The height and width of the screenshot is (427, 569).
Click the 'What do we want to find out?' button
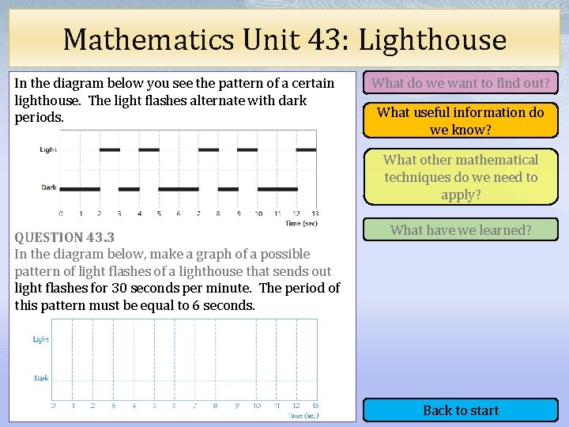(461, 82)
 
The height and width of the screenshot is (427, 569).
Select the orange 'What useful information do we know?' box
(461, 120)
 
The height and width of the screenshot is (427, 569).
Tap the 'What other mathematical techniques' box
(461, 177)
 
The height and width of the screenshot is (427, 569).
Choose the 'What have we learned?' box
(461, 230)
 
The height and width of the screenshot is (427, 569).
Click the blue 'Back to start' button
(461, 410)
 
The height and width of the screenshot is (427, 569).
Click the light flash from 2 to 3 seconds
(109, 149)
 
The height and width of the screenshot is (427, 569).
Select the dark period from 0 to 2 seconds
(80, 189)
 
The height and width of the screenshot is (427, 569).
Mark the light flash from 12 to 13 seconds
(307, 149)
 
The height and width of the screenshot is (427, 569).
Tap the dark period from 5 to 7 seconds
(178, 189)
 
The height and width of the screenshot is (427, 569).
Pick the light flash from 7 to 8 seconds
(208, 149)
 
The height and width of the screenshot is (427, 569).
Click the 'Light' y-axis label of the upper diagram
(48, 149)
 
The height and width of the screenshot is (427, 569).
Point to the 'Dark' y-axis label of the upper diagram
(48, 187)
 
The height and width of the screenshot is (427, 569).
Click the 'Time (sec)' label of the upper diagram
(300, 224)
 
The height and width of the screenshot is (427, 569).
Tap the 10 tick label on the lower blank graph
(256, 406)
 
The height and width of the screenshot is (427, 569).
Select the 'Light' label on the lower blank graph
(41, 340)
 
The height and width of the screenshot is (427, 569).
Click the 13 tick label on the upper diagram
(315, 213)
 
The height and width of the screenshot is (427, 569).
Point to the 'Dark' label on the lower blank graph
(41, 378)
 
